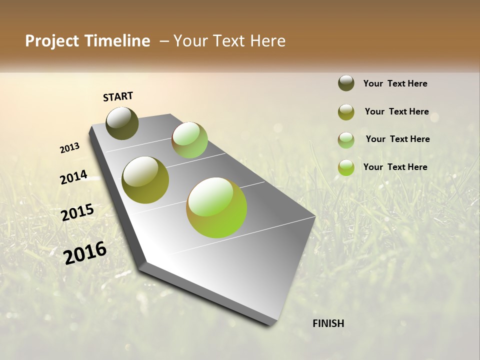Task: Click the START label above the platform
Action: (118, 96)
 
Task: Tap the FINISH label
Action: (328, 323)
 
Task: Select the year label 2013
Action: (69, 148)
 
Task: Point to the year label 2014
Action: (73, 177)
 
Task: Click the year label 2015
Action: (77, 212)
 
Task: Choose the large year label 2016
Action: (85, 252)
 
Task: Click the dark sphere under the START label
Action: (122, 123)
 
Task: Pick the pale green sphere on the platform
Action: (189, 140)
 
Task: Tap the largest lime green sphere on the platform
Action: (216, 207)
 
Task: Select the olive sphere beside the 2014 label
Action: (145, 180)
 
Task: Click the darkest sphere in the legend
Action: (346, 83)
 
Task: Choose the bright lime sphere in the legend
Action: (346, 167)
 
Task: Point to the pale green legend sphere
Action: (346, 140)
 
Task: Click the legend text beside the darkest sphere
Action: (395, 83)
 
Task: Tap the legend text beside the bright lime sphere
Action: (395, 167)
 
